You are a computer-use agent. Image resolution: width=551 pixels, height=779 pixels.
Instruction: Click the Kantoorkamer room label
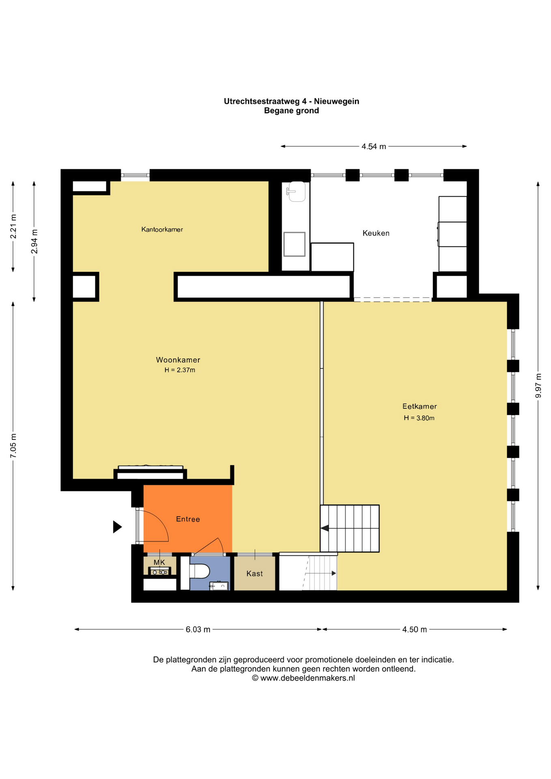pyautogui.click(x=162, y=230)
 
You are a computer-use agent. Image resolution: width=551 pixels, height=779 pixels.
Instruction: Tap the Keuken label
pyautogui.click(x=376, y=233)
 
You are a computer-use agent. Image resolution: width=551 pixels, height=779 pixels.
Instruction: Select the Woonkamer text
pyautogui.click(x=178, y=360)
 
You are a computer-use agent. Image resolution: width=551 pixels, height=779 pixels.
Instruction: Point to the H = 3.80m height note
pyautogui.click(x=419, y=418)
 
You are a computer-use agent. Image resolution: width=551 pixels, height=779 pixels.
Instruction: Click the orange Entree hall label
pyautogui.click(x=188, y=519)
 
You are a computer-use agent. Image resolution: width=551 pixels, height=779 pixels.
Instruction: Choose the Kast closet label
pyautogui.click(x=254, y=573)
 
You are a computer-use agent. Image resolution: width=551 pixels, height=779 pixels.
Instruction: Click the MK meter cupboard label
pyautogui.click(x=159, y=562)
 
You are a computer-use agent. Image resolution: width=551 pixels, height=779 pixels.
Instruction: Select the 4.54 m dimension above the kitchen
pyautogui.click(x=374, y=146)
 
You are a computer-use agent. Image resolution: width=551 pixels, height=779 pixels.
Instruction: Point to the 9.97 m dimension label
pyautogui.click(x=538, y=385)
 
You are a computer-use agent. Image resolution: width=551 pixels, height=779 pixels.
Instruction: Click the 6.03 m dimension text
pyautogui.click(x=198, y=630)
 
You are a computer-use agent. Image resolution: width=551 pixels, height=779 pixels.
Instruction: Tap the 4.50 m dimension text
pyautogui.click(x=414, y=630)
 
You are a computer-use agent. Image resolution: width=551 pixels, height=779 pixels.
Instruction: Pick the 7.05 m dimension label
pyautogui.click(x=13, y=446)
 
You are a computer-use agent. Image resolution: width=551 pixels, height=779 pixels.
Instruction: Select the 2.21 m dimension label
pyautogui.click(x=13, y=226)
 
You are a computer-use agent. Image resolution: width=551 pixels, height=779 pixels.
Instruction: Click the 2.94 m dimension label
pyautogui.click(x=34, y=241)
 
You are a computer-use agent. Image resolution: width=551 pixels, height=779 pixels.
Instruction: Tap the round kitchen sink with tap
pyautogui.click(x=297, y=192)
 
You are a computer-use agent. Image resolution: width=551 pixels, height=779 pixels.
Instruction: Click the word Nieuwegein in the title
pyautogui.click(x=336, y=101)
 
